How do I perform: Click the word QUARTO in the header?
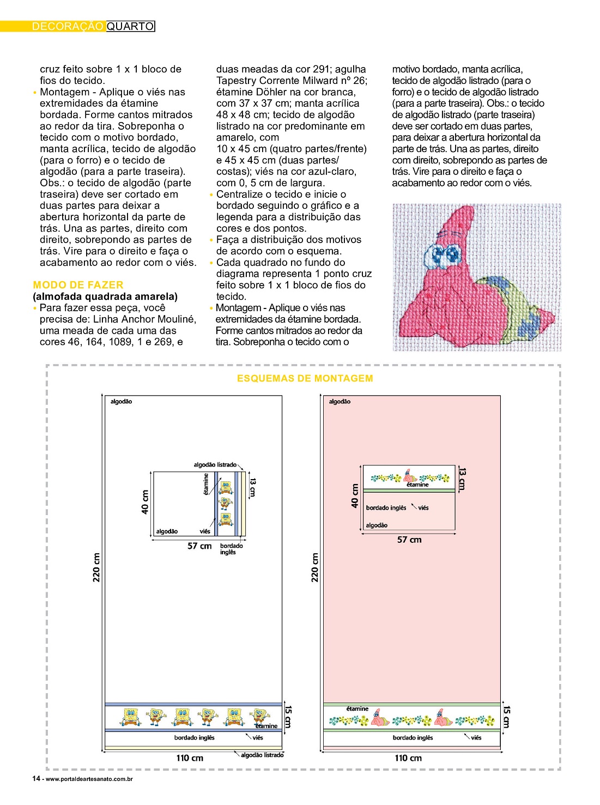(130, 26)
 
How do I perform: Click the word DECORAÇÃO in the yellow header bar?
(68, 26)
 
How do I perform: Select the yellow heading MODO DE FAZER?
(78, 285)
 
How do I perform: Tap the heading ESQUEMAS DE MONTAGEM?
(305, 378)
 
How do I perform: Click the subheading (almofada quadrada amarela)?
(105, 296)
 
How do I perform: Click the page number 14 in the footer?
(36, 778)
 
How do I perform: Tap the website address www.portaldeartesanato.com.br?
(89, 779)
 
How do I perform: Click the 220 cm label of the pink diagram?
(315, 567)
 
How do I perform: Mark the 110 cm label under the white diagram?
(190, 758)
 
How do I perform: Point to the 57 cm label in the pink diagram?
(409, 540)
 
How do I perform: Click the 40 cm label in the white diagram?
(146, 502)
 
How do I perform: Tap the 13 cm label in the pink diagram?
(462, 479)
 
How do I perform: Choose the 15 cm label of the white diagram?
(288, 717)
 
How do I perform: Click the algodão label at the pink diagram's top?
(340, 402)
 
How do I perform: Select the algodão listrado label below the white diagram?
(262, 755)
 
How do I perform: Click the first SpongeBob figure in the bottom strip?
(130, 716)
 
